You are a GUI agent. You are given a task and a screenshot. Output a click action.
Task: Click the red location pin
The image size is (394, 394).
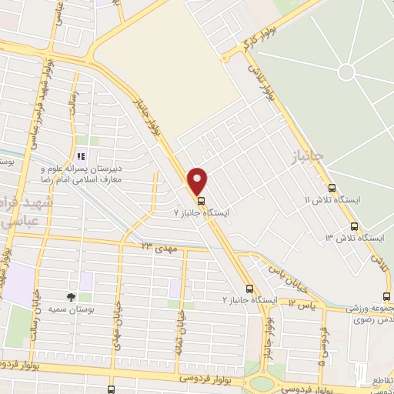(199, 181)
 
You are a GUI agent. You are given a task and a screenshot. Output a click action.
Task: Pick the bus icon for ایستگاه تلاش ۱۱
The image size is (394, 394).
(332, 188)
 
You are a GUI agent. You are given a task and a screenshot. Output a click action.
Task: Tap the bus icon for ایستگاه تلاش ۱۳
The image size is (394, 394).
(354, 226)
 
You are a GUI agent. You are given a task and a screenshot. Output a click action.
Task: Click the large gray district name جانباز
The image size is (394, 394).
(307, 156)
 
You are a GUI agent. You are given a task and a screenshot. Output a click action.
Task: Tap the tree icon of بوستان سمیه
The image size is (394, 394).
(70, 296)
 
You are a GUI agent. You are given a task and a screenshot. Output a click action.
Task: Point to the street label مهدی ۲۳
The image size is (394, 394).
(159, 245)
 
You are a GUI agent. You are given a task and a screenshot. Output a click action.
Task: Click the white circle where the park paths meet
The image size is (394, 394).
(346, 72)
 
